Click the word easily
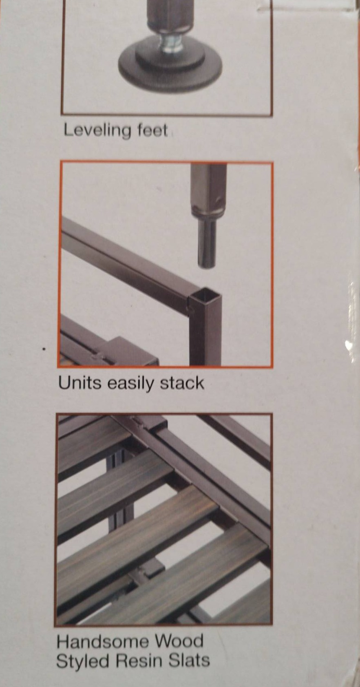130,384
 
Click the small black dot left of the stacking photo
45,349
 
